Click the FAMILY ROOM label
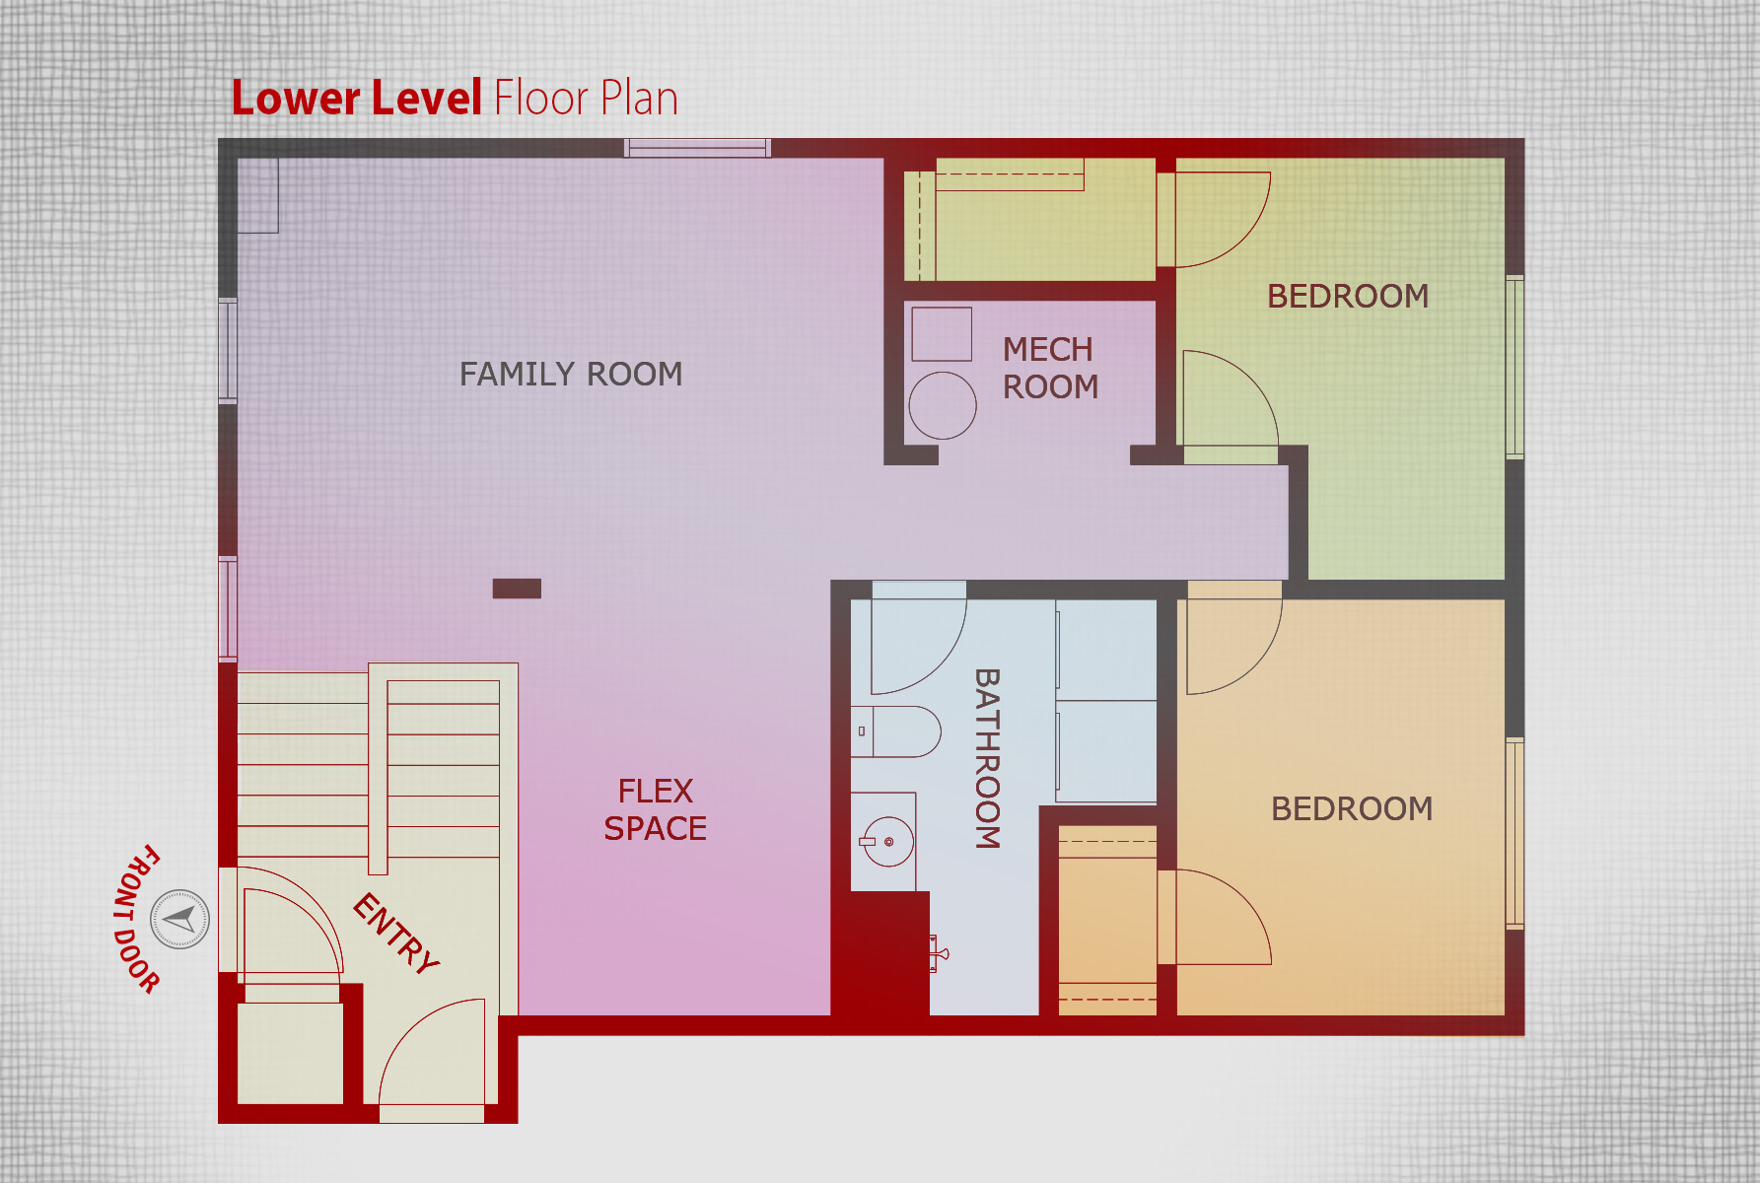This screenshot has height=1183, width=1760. [571, 374]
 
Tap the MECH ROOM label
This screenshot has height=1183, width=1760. [1050, 368]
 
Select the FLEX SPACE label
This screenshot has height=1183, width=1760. [655, 809]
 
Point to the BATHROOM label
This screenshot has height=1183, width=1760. [987, 758]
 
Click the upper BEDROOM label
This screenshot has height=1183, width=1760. [1348, 296]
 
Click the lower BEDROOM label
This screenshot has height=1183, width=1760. [1352, 808]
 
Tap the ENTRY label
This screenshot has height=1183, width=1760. [396, 934]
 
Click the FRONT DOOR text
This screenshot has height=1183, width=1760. [136, 919]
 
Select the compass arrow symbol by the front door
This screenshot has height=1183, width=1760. [179, 919]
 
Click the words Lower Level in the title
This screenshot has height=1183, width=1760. [356, 98]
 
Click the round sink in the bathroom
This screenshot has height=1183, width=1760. [887, 841]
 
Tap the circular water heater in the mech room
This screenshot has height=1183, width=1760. [943, 405]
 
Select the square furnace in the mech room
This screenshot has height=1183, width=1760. [942, 334]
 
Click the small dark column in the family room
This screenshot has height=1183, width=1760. [517, 589]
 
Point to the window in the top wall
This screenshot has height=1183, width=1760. [697, 148]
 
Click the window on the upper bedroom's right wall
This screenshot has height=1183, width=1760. [1514, 367]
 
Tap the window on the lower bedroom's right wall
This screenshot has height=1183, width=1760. [1514, 833]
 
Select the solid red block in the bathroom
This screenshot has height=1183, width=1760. [880, 953]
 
